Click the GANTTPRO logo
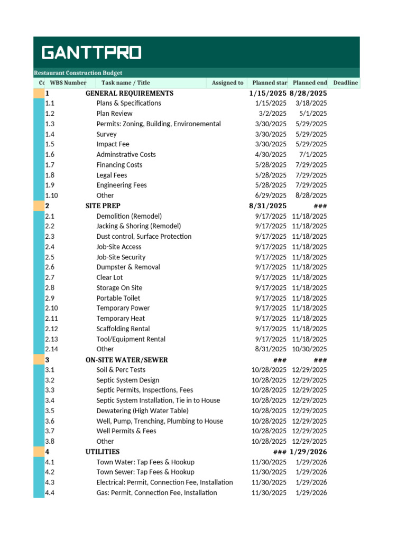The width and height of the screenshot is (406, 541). click(x=91, y=53)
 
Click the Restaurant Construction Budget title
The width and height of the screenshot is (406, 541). click(x=78, y=73)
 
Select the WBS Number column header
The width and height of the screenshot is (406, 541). click(x=68, y=83)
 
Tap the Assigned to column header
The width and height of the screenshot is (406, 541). click(x=227, y=83)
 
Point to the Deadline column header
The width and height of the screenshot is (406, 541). click(x=346, y=83)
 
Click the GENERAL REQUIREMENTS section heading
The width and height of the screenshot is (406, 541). click(x=130, y=93)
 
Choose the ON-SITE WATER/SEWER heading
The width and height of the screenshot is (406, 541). click(x=127, y=360)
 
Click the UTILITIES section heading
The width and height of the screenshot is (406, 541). click(x=103, y=452)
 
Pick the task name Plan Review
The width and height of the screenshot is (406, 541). click(x=114, y=114)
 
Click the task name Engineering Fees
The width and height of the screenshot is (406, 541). click(x=122, y=185)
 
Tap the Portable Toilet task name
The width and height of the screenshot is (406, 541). click(x=118, y=298)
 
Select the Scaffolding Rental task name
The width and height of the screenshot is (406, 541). click(x=123, y=329)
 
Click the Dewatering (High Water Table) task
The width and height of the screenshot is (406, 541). click(x=142, y=411)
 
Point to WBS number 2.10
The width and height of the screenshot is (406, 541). click(x=52, y=308)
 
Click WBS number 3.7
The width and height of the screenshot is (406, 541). click(x=50, y=431)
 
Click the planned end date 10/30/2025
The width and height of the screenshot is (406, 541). click(x=309, y=349)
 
